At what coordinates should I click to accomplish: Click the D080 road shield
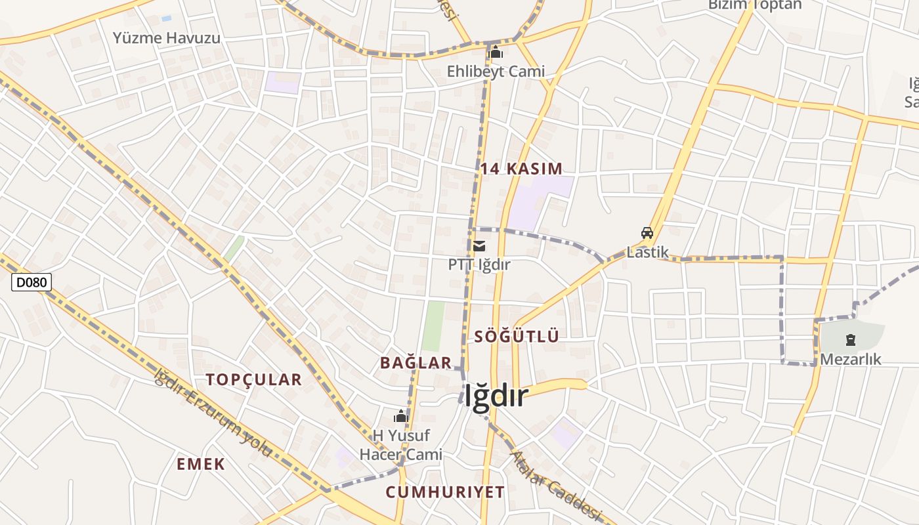pyautogui.click(x=32, y=283)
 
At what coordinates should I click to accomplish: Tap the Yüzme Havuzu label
pyautogui.click(x=167, y=37)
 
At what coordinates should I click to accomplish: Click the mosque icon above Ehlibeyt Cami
pyautogui.click(x=496, y=52)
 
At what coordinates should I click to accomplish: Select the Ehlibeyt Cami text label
pyautogui.click(x=496, y=71)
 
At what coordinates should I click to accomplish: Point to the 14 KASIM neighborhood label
pyautogui.click(x=521, y=169)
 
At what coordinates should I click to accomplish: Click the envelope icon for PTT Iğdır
pyautogui.click(x=479, y=246)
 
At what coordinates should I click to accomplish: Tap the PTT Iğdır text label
pyautogui.click(x=479, y=264)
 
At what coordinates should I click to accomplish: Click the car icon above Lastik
pyautogui.click(x=647, y=232)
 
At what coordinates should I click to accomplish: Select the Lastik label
pyautogui.click(x=647, y=252)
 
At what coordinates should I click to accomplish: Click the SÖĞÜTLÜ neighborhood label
pyautogui.click(x=517, y=337)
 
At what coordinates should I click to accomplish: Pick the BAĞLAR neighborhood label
pyautogui.click(x=416, y=362)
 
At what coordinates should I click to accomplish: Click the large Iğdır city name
pyautogui.click(x=496, y=396)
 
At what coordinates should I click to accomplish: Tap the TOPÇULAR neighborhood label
pyautogui.click(x=253, y=379)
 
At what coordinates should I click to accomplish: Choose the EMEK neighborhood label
pyautogui.click(x=201, y=464)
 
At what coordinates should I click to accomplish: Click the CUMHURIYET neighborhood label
pyautogui.click(x=445, y=492)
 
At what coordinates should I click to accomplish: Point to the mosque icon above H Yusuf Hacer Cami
pyautogui.click(x=401, y=416)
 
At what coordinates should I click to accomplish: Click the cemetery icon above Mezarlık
pyautogui.click(x=851, y=340)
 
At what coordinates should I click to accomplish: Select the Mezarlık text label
pyautogui.click(x=851, y=359)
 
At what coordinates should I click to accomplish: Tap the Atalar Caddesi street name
pyautogui.click(x=555, y=484)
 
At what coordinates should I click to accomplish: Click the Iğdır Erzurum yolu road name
pyautogui.click(x=213, y=413)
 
